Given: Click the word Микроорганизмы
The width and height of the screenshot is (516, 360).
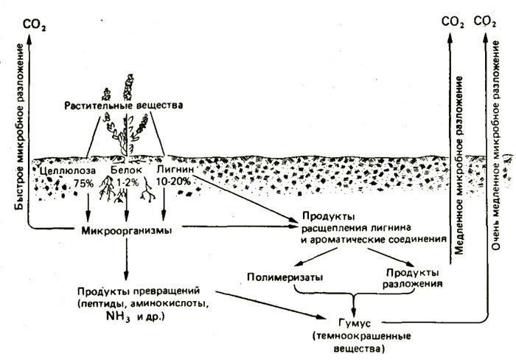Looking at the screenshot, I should click(127, 230).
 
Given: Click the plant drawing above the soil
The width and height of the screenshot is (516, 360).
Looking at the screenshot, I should click(129, 133).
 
